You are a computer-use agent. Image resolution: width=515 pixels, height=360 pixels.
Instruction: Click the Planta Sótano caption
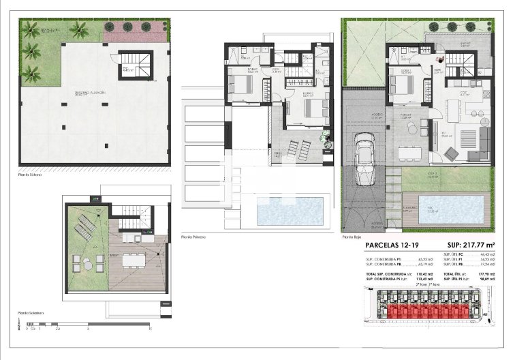[30, 175]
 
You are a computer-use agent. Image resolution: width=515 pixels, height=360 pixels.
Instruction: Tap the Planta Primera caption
[193, 237]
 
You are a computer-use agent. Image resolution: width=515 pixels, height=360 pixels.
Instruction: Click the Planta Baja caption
[351, 237]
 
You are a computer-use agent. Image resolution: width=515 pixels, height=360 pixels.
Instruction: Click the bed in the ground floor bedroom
[401, 86]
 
